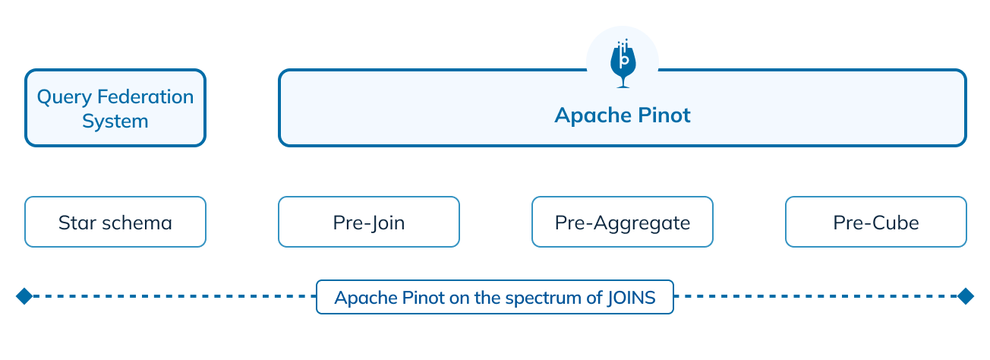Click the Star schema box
pos(115,222)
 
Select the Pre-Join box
pos(369,222)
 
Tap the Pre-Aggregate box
pos(623,222)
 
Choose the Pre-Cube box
pos(876,222)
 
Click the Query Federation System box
pos(115,108)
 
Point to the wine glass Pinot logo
pos(623,64)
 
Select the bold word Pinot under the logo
pos(664,115)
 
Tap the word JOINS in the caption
pos(631,298)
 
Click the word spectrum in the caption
pos(543,298)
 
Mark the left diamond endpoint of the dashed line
pos(24,296)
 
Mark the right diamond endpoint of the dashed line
pos(966,296)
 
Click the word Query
pos(64,97)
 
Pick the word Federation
pos(146,96)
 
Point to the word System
pos(115,122)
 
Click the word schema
pos(137,223)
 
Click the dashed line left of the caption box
pos(175,296)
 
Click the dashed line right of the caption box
pos(815,296)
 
